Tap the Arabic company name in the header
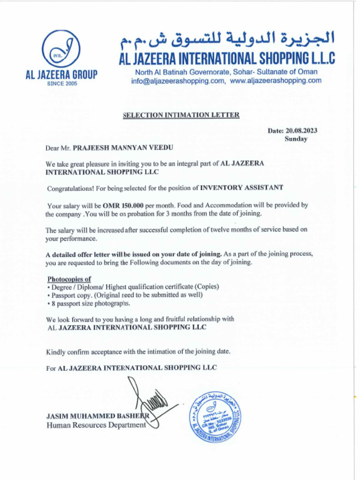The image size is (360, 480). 227,41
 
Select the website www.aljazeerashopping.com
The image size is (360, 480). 276,81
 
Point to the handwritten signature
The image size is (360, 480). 149,403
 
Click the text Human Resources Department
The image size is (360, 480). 96,425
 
